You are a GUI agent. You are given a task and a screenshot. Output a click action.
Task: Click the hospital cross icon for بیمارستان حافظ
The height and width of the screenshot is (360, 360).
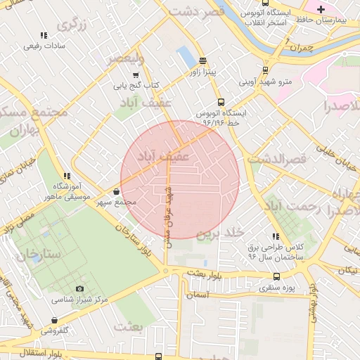[321, 9]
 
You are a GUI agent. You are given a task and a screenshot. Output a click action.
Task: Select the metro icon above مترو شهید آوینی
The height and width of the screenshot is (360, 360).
[265, 70]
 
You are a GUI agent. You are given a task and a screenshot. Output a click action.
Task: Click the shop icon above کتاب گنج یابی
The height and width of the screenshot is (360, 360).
[136, 75]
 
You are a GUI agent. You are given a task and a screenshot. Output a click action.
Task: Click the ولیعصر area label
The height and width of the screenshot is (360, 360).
[125, 58]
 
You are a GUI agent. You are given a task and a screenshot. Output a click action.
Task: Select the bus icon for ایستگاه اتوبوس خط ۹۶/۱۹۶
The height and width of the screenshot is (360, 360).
[221, 102]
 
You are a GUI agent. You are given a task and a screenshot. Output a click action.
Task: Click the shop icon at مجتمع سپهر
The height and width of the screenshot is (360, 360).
[116, 191]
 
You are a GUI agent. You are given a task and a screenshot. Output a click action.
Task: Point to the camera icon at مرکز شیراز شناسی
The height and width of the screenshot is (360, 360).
[79, 289]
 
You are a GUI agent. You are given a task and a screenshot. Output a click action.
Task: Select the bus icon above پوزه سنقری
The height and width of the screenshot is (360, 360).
[276, 277]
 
